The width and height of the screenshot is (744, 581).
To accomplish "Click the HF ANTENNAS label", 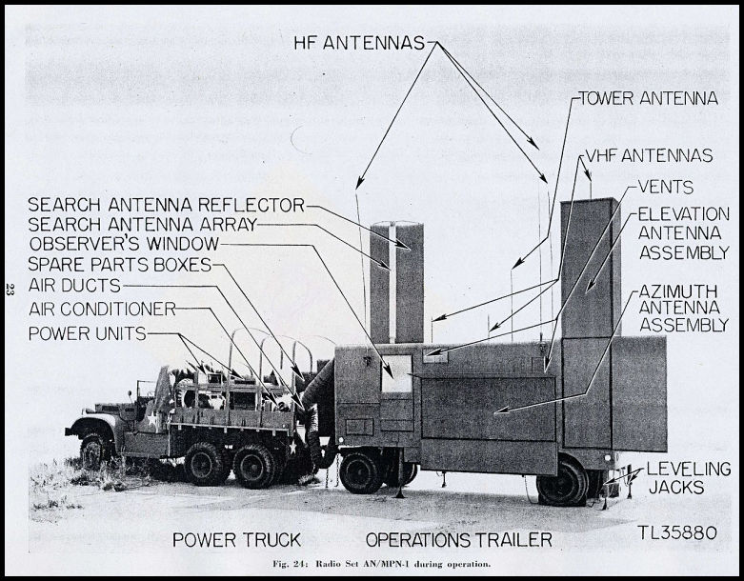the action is pyautogui.click(x=359, y=43).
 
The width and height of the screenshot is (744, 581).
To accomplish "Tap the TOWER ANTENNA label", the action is pyautogui.click(x=648, y=99).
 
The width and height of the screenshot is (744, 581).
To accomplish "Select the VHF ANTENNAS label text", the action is pyautogui.click(x=649, y=155).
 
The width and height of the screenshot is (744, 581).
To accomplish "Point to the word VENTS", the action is pyautogui.click(x=666, y=187).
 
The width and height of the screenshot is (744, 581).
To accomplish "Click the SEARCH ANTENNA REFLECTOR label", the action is pyautogui.click(x=166, y=205).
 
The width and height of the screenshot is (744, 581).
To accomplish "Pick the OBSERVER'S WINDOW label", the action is pyautogui.click(x=124, y=244).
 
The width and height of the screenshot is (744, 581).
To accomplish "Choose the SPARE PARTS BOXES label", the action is pyautogui.click(x=120, y=265).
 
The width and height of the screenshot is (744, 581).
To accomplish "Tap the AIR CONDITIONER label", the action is pyautogui.click(x=103, y=310).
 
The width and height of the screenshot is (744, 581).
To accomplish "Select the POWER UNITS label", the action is pyautogui.click(x=88, y=333).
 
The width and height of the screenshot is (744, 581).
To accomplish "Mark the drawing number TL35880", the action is pyautogui.click(x=677, y=532).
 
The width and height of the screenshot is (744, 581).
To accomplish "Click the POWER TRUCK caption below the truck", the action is pyautogui.click(x=237, y=540).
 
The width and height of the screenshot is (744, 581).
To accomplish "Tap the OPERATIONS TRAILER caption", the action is pyautogui.click(x=459, y=540).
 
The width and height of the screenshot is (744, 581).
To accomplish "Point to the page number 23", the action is pyautogui.click(x=10, y=289).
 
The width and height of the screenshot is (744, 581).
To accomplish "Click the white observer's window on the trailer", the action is pyautogui.click(x=396, y=373).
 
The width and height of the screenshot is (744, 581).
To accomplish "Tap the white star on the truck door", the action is pyautogui.click(x=151, y=419).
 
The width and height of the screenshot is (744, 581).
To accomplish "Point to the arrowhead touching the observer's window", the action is pyautogui.click(x=389, y=371).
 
